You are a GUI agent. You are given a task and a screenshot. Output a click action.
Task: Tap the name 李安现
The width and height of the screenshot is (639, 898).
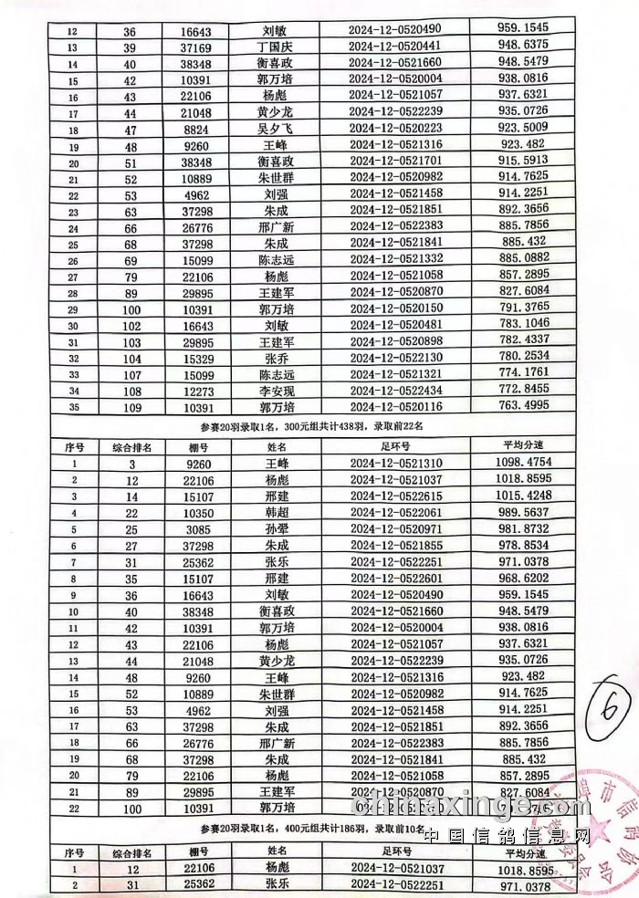(x=277, y=391)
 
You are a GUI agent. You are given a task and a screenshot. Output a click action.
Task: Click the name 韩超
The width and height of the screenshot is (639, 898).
(x=277, y=512)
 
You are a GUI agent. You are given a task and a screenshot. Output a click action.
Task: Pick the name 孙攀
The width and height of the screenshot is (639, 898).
(x=277, y=528)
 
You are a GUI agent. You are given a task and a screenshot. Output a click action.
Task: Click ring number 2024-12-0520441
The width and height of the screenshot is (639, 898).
(x=394, y=46)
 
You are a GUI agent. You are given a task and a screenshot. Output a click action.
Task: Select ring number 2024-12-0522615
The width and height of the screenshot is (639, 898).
(x=394, y=496)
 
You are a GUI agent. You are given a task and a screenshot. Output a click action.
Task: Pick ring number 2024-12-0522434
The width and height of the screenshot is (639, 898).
(x=394, y=391)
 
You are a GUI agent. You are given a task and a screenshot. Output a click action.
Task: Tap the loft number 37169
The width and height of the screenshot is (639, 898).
(x=188, y=46)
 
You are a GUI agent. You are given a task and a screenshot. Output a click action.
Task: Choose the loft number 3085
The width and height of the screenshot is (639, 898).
(x=188, y=528)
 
